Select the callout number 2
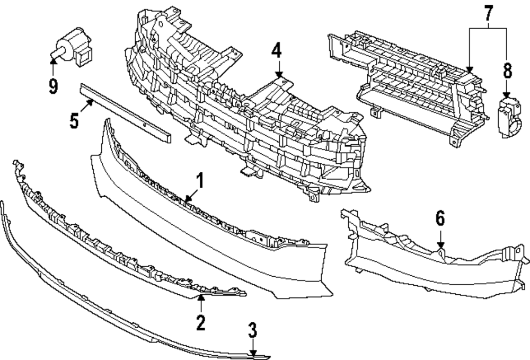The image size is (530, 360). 200,322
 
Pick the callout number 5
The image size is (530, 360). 75,121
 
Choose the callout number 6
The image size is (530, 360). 440,217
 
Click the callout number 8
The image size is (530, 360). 507,71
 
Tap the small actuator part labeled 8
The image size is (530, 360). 509,116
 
